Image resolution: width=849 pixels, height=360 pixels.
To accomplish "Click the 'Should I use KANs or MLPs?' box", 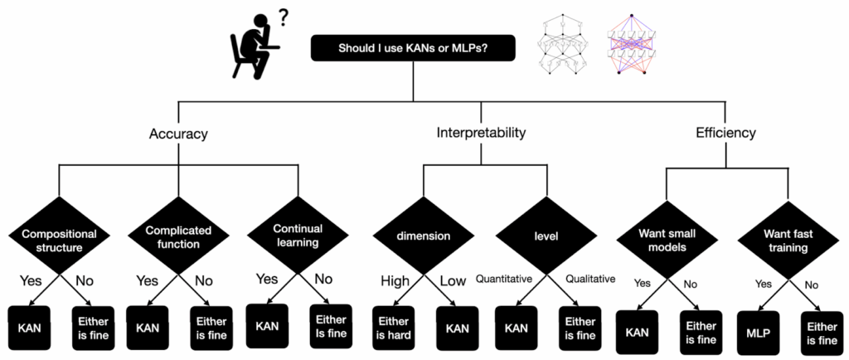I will (x=413, y=48).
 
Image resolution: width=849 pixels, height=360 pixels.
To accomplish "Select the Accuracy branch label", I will (x=177, y=133).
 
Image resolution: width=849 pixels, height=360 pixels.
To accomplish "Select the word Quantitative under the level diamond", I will (x=503, y=279).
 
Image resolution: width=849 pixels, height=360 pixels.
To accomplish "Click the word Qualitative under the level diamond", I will (x=589, y=279).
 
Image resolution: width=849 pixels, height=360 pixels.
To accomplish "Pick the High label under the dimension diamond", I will (x=391, y=280).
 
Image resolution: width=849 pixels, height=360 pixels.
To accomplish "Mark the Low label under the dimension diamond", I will (x=452, y=280).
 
